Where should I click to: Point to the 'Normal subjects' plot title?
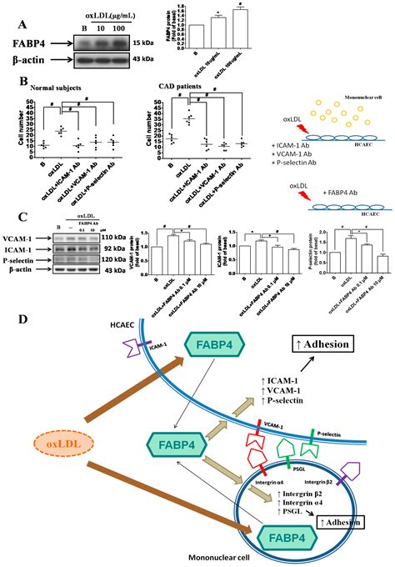(x=59, y=87)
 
